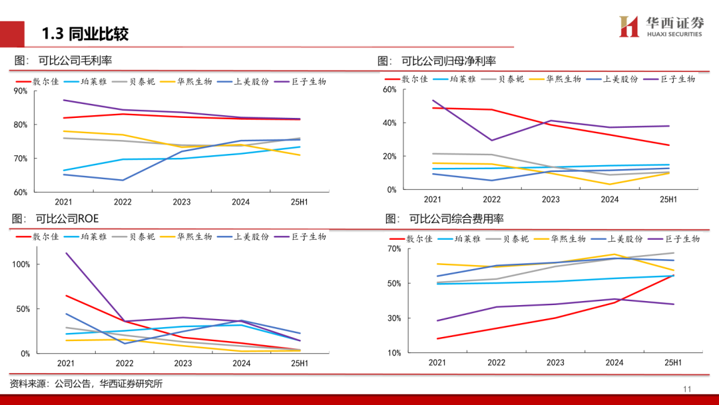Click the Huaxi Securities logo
coord(660,27)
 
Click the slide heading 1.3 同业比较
coord(85,34)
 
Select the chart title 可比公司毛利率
coord(75,61)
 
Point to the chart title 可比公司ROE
coord(69,218)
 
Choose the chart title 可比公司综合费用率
coord(456,218)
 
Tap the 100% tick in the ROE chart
coord(21,264)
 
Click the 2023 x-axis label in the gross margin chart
coord(182,202)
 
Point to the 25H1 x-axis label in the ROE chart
coord(299,363)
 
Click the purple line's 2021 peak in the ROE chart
coord(66,253)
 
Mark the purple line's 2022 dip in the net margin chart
coord(491,140)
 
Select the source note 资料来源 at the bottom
coord(86,384)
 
